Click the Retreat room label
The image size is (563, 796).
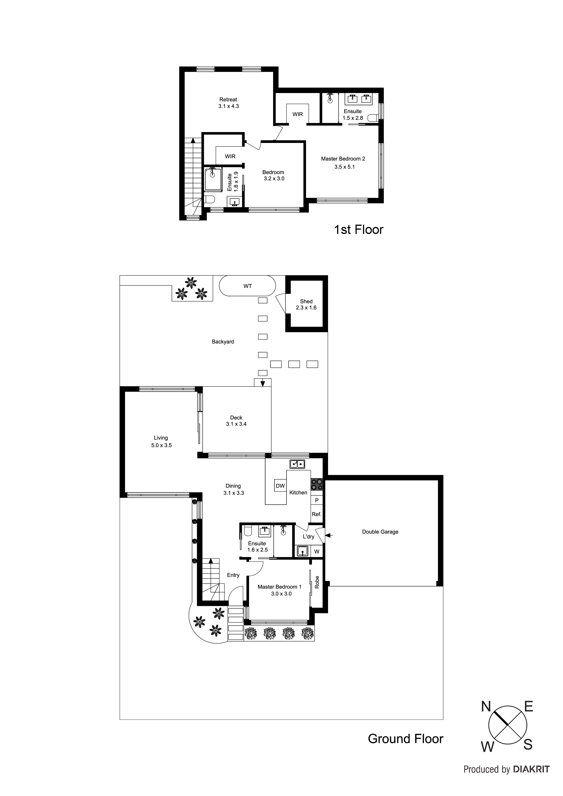[x=228, y=99]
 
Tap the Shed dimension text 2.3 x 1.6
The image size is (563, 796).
[x=306, y=308]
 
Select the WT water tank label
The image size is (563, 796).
[x=247, y=286]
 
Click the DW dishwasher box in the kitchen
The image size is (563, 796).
[x=280, y=486]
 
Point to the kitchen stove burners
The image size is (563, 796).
[x=316, y=484]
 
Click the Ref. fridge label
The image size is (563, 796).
[x=316, y=514]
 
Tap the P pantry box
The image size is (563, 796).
[x=316, y=500]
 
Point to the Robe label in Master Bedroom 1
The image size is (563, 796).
[x=317, y=582]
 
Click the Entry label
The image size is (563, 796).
[x=233, y=575]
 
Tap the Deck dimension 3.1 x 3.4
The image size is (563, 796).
[x=236, y=424]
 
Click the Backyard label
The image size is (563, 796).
[x=223, y=342]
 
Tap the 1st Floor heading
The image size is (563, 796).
[x=358, y=230]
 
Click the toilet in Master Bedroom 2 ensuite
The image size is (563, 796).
[x=373, y=118]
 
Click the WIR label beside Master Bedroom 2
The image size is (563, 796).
[x=297, y=114]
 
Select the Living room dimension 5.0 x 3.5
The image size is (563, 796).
[x=161, y=445]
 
